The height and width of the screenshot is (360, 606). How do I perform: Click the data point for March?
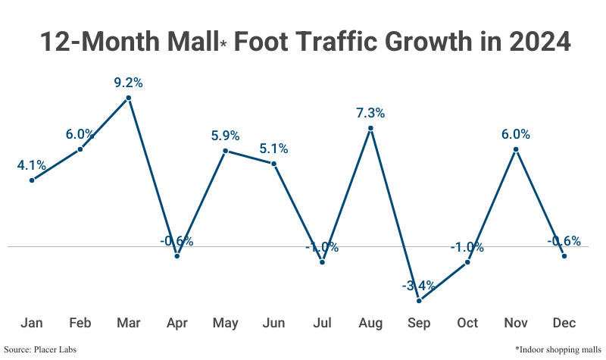129,97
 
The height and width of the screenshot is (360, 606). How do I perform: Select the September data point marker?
419,301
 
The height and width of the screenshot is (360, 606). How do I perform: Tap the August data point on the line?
370,128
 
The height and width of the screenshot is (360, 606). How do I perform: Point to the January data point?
32,180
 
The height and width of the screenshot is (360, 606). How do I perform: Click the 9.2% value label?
129,82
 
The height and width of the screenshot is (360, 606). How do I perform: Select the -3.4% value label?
419,286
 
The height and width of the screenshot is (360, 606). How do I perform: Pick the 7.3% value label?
370,113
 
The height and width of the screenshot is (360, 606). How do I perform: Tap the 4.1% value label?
32,164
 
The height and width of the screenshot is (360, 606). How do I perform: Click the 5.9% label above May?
226,136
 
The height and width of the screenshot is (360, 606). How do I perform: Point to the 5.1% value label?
273,149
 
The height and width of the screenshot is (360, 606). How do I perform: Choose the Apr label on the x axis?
177,324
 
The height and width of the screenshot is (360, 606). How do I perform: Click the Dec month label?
564,324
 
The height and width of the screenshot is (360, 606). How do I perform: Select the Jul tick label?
322,324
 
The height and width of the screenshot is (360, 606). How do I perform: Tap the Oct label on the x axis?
467,324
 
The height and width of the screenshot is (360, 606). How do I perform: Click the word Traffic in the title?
338,42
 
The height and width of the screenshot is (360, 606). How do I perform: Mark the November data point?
516,149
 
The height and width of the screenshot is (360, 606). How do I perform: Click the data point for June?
273,163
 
